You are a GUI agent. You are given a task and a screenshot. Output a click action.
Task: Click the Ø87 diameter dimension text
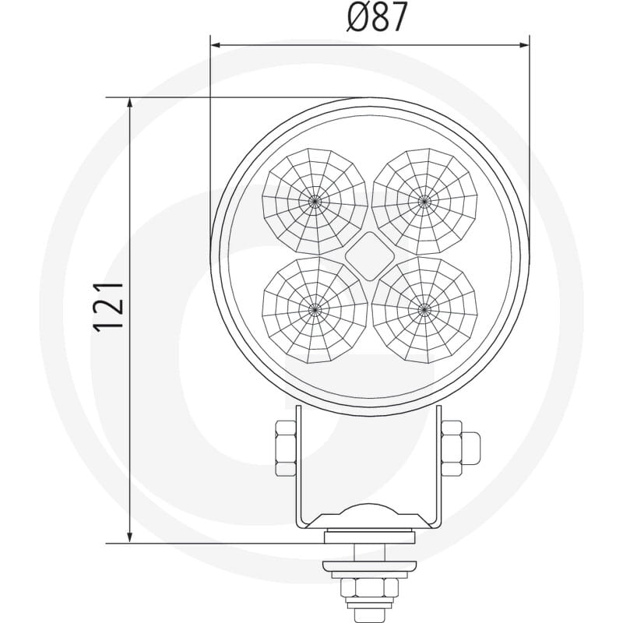coord(377,17)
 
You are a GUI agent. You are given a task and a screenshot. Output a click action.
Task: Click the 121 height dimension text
coord(108,307)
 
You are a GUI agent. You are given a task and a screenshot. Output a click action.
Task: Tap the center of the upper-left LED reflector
coord(315,202)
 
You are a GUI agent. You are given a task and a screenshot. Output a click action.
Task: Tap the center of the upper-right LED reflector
coord(424,202)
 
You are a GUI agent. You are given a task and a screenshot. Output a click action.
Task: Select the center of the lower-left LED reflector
coord(315,309)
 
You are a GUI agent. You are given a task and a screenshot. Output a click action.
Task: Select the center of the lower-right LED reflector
coord(424,309)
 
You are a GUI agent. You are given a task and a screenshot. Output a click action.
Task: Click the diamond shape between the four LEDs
coord(369,256)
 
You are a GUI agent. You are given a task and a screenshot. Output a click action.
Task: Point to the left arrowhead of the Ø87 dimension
coord(216,45)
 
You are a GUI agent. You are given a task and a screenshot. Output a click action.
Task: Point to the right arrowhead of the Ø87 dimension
coord(523,45)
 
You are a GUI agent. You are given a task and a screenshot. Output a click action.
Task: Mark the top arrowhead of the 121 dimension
coord(129,104)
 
